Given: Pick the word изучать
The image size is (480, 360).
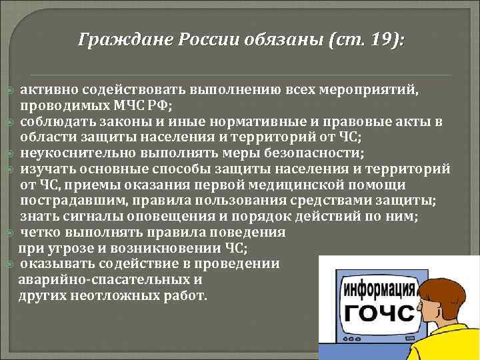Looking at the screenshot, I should click(47, 169).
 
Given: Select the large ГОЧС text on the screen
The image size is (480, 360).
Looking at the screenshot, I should click(375, 313).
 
